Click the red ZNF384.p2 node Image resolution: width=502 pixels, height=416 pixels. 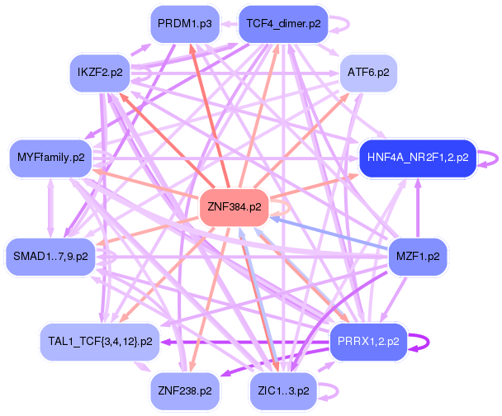pyautogui.click(x=235, y=207)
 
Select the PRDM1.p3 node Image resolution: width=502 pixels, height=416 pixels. pyautogui.click(x=184, y=24)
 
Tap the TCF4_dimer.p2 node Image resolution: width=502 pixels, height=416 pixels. pyautogui.click(x=282, y=24)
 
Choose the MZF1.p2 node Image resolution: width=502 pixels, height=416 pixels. pyautogui.click(x=418, y=257)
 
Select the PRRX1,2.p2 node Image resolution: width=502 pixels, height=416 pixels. pyautogui.click(x=368, y=340)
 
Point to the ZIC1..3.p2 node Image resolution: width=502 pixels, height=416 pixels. pyautogui.click(x=283, y=389)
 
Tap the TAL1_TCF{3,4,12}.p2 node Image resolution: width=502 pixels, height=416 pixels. pyautogui.click(x=100, y=340)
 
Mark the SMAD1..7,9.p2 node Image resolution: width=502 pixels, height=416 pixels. pyautogui.click(x=50, y=257)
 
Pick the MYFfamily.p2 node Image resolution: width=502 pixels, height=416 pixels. pyautogui.click(x=50, y=156)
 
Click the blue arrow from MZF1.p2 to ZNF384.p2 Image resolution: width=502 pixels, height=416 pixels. pyautogui.click(x=330, y=234)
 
